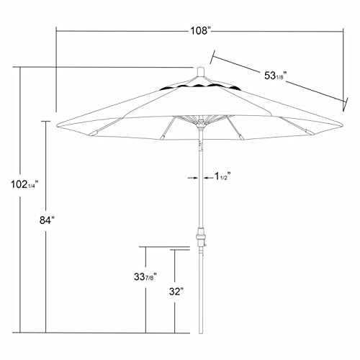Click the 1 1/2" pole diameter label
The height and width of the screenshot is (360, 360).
coord(221,176)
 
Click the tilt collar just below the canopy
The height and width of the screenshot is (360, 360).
coord(199,145)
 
